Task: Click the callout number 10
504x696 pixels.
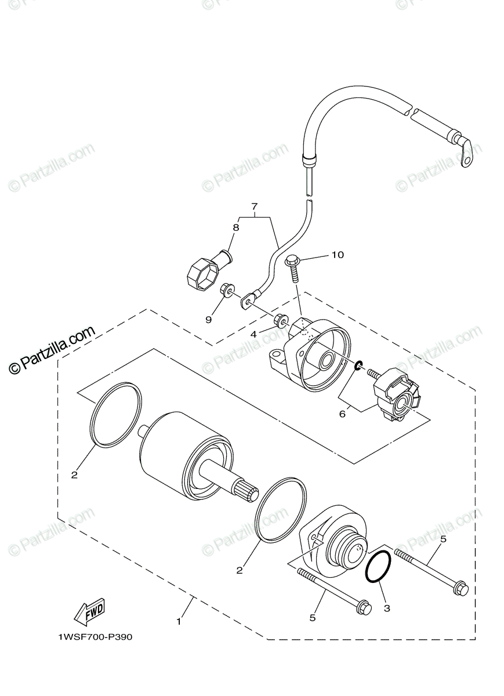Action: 337,255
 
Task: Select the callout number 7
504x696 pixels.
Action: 253,206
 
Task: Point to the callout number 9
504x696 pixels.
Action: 209,318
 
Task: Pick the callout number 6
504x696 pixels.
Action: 342,414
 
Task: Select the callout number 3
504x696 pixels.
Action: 387,608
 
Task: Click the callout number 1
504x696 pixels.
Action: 179,621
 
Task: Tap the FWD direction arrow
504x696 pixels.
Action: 88,611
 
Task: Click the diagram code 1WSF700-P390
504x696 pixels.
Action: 95,637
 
